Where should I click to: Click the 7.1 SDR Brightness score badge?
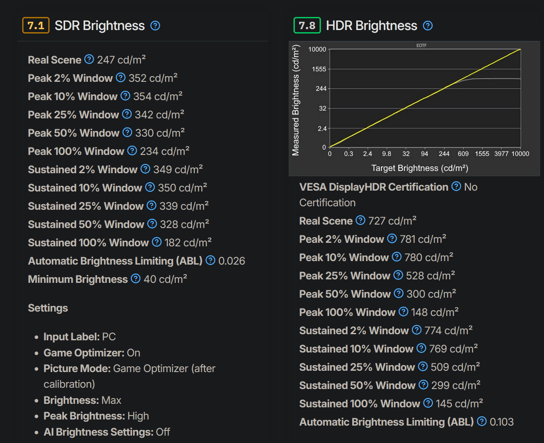coord(36,26)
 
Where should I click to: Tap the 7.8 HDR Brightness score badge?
coord(307,26)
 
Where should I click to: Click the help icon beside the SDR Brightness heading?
coord(155,26)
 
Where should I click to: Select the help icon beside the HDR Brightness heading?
coord(428,26)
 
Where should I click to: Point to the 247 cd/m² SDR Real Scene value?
coord(121,60)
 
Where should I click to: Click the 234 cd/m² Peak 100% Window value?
coord(164,151)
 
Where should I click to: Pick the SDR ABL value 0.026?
coord(232,261)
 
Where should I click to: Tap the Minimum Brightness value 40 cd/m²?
coord(165,279)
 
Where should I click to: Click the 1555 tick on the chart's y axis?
coord(319,69)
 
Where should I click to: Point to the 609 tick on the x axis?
coord(463,154)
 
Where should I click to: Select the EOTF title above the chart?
coord(421,45)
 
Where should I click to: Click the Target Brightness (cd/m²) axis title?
coord(420,168)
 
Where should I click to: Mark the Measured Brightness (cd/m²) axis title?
coord(296,100)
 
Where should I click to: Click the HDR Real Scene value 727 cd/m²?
coord(392,221)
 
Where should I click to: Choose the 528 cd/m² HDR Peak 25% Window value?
coord(431,275)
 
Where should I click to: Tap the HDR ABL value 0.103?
coord(501,422)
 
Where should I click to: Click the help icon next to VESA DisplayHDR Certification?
coord(456,187)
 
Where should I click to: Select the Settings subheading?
coord(48,308)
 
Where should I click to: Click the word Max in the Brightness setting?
coord(111,400)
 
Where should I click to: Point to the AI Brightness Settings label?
coord(98,432)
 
